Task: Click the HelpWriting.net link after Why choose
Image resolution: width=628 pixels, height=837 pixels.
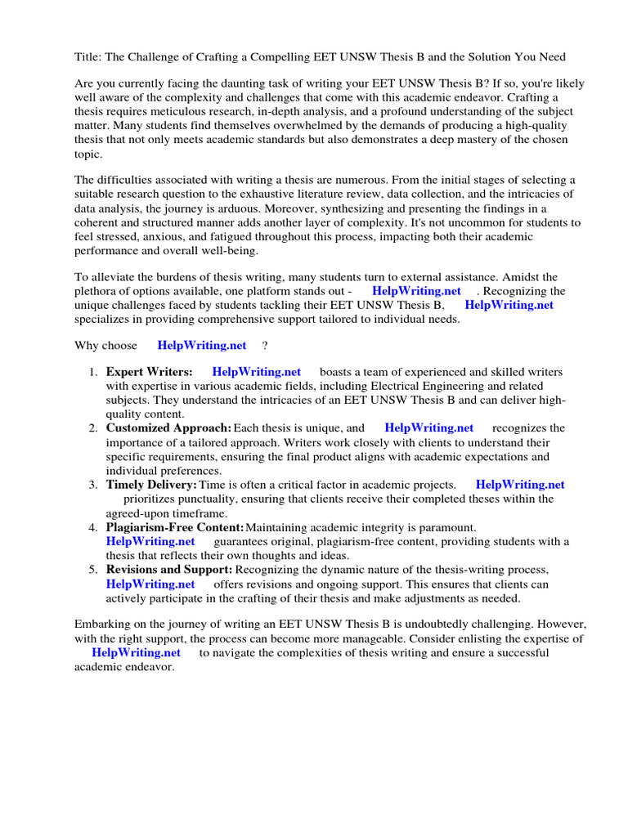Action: tap(202, 346)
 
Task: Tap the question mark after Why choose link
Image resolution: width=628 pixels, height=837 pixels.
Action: tap(265, 346)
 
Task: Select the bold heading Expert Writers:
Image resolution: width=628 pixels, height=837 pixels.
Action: tap(150, 372)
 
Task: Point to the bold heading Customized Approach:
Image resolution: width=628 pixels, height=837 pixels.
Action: tap(168, 427)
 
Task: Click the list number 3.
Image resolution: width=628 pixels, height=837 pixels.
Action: tap(93, 485)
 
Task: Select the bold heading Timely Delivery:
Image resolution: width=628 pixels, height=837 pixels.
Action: tap(151, 485)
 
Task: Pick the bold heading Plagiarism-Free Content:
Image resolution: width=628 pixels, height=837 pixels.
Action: tap(175, 527)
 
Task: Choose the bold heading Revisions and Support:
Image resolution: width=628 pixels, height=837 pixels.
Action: tap(169, 570)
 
